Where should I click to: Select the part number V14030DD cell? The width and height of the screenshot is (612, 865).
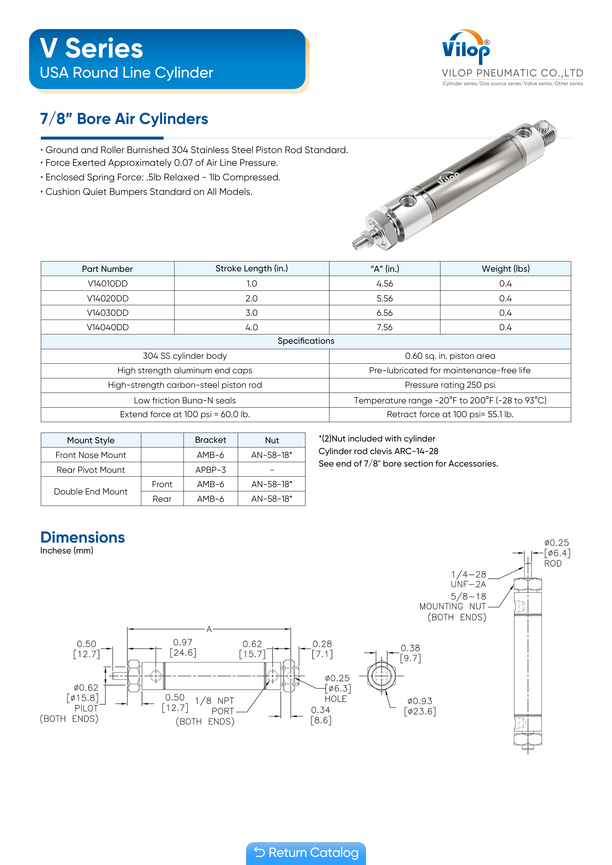[x=108, y=313]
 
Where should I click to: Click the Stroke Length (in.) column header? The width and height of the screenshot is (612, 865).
[x=252, y=269]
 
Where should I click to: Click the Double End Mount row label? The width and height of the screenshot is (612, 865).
[x=91, y=492]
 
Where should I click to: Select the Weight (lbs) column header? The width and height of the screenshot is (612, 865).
[x=505, y=269]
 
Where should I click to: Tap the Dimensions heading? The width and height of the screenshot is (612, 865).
[x=83, y=537]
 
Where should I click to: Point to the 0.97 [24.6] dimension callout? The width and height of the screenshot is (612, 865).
[x=183, y=647]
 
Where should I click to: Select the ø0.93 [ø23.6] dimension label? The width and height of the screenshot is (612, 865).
[x=420, y=706]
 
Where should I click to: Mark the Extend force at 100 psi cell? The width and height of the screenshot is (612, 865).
[x=185, y=414]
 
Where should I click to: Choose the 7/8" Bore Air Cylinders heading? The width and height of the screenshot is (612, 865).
[x=124, y=119]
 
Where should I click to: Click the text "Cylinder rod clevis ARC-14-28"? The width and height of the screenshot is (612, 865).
[x=378, y=451]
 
